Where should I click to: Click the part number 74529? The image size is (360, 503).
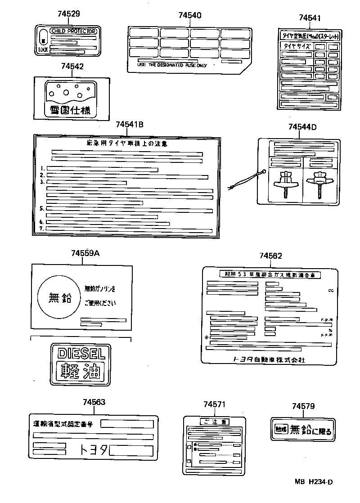(70, 14)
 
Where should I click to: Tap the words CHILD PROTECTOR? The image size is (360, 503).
(73, 31)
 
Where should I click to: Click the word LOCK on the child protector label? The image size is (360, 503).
(43, 50)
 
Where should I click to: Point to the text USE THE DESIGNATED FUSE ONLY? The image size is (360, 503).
(172, 65)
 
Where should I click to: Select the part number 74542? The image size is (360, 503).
(72, 66)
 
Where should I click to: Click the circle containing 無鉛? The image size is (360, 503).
(59, 298)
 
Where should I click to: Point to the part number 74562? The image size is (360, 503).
(270, 256)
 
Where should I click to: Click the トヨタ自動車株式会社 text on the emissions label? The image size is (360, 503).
(269, 359)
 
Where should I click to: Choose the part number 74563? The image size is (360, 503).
(94, 402)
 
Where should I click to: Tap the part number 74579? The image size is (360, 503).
(303, 406)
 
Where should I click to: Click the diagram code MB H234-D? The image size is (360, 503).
(314, 482)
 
